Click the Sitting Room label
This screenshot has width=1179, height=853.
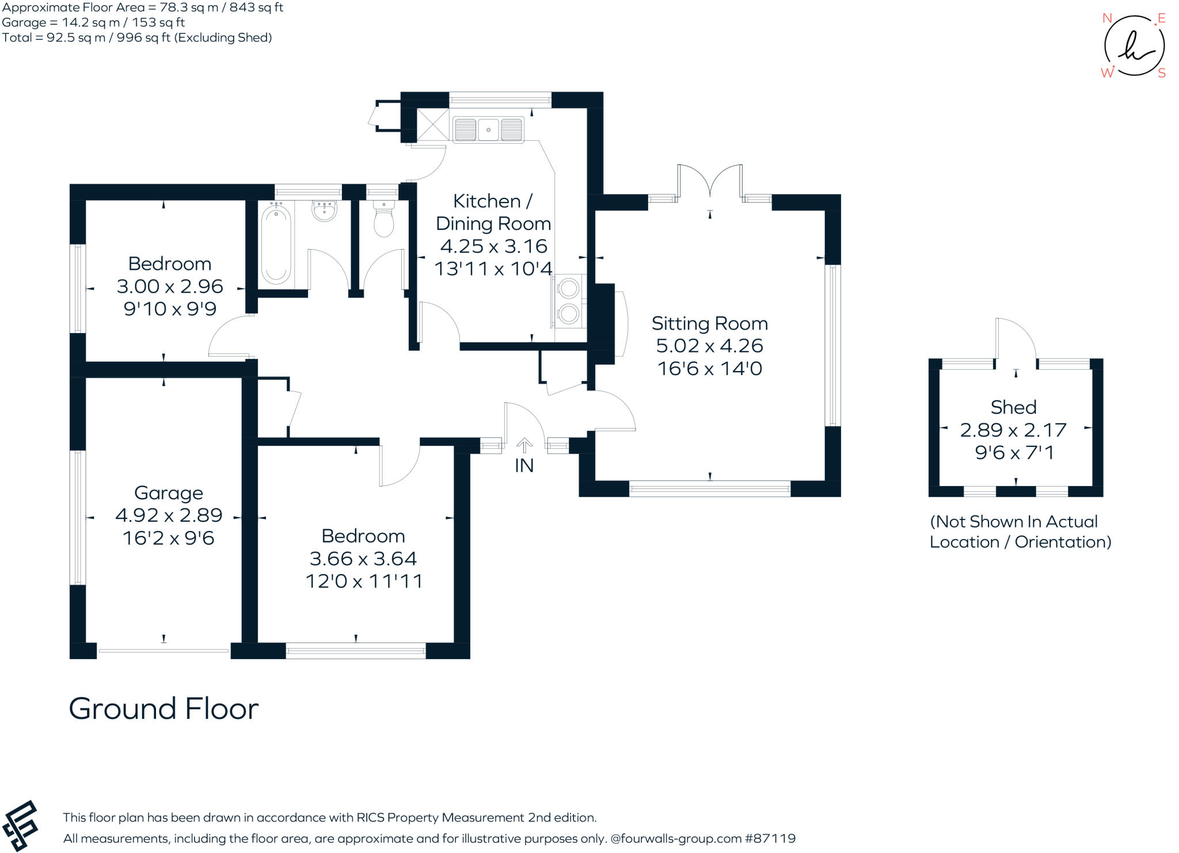click(709, 324)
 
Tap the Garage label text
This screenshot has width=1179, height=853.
click(169, 494)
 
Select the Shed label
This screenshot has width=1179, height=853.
click(1013, 407)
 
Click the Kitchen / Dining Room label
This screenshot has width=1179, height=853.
click(493, 212)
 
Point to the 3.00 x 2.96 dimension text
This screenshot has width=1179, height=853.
click(170, 286)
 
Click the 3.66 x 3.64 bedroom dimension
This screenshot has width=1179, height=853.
click(363, 559)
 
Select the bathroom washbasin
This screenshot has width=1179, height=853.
click(325, 211)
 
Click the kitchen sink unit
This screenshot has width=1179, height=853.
click(488, 129)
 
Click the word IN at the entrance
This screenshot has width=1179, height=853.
click(524, 465)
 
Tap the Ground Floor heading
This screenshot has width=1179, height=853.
click(164, 709)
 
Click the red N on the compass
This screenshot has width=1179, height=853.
click(1106, 18)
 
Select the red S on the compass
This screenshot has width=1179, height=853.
click(1162, 73)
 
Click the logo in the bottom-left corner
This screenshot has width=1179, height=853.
click(20, 825)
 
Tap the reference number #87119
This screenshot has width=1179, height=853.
click(770, 839)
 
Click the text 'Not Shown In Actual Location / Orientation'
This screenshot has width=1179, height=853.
click(1020, 532)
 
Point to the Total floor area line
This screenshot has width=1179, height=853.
click(137, 38)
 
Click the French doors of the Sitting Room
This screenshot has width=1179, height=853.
click(710, 181)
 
